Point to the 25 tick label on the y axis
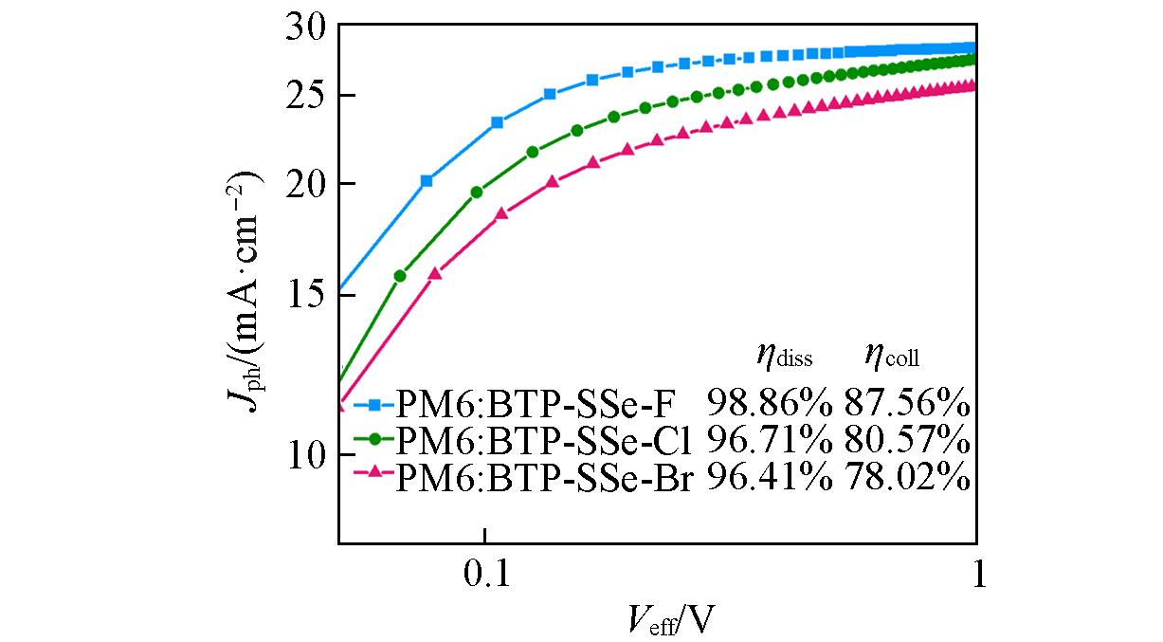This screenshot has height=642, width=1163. tap(305, 96)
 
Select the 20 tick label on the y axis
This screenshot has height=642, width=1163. tap(305, 184)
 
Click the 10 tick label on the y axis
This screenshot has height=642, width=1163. tap(305, 455)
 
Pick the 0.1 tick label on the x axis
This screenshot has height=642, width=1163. tap(484, 575)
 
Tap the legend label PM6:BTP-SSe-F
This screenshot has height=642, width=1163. tap(535, 406)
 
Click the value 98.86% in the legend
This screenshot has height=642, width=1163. tap(769, 406)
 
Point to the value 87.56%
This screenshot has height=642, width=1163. tap(907, 406)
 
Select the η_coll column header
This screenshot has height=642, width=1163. tap(892, 358)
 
